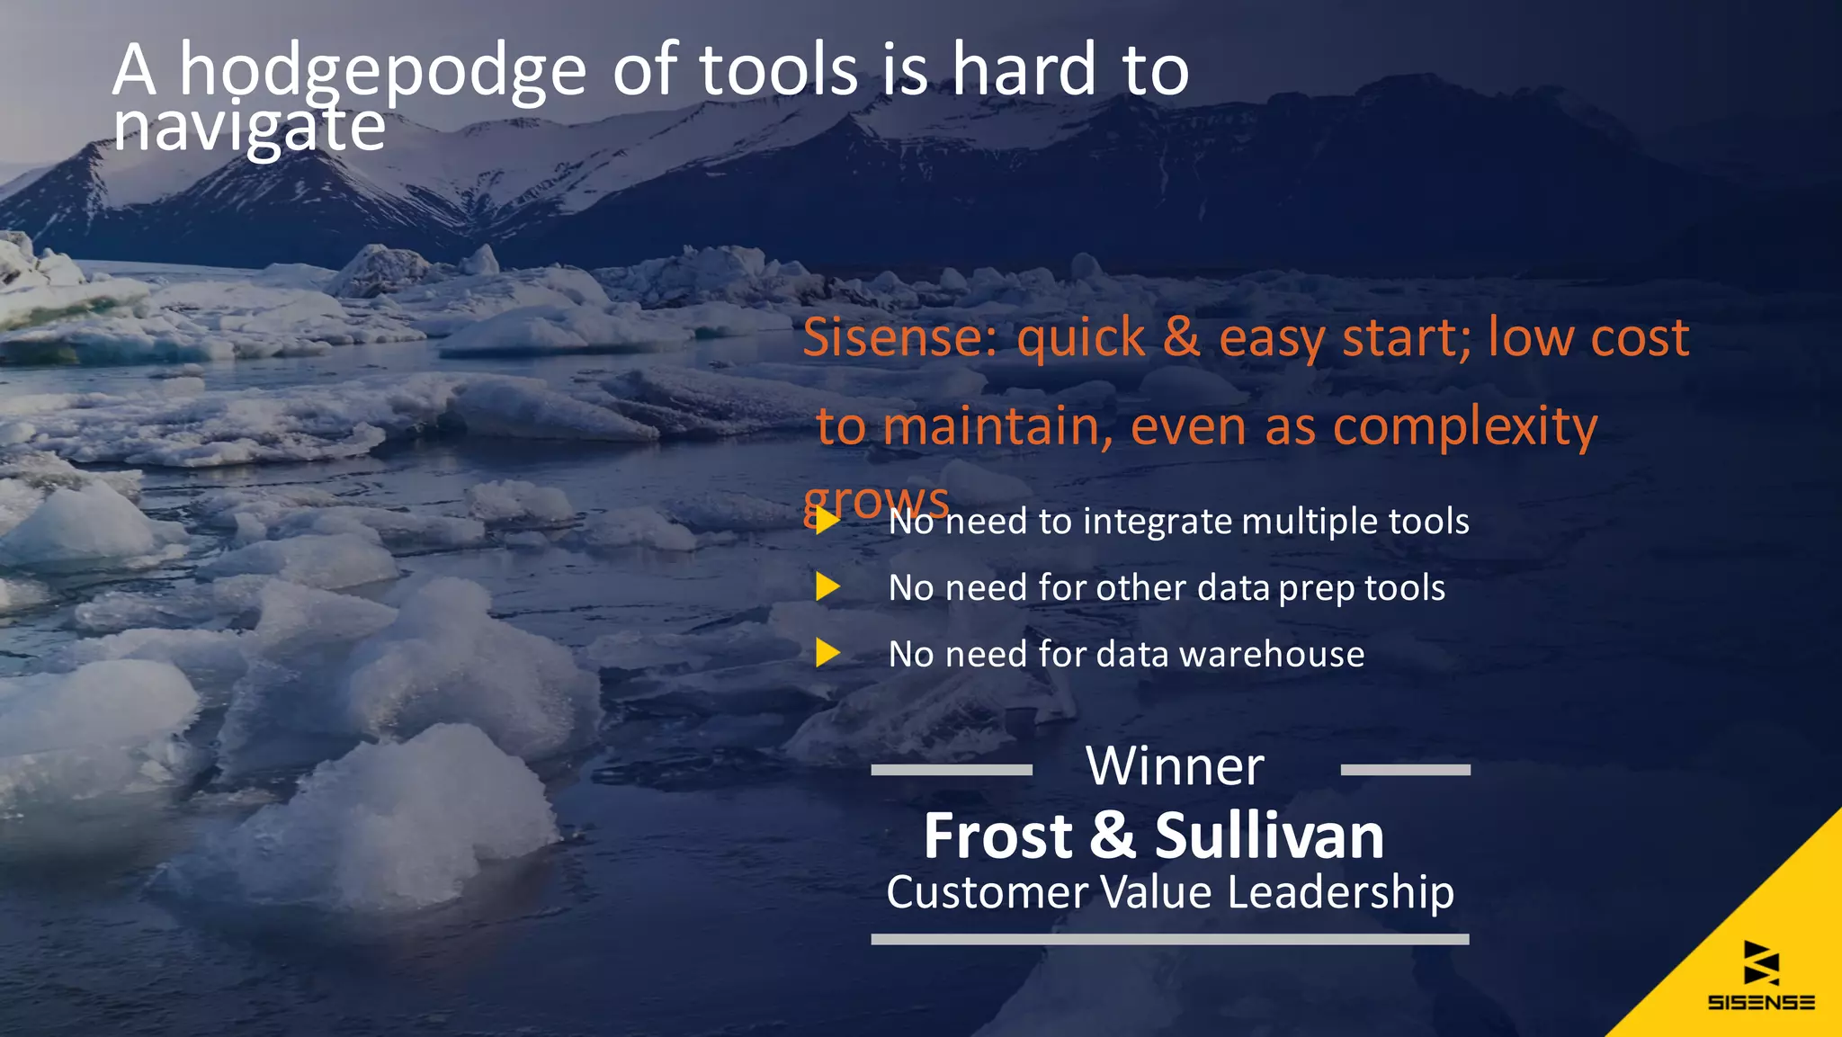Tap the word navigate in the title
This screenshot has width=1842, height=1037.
249,128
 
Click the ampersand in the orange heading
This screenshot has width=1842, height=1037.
1181,337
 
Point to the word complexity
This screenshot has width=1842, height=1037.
1465,426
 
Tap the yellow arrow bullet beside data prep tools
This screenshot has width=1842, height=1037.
827,586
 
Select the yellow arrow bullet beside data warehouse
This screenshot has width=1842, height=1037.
827,653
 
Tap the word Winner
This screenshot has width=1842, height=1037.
1175,766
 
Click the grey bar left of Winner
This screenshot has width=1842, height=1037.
952,770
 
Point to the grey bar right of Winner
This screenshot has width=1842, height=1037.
1405,770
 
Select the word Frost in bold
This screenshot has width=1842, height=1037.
997,836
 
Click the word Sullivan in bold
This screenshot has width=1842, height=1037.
1269,836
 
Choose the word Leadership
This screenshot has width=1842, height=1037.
1340,893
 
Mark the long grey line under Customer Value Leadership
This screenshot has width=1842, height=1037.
1169,939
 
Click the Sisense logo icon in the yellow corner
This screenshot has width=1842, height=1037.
1761,962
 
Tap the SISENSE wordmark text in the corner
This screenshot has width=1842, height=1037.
1761,1002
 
